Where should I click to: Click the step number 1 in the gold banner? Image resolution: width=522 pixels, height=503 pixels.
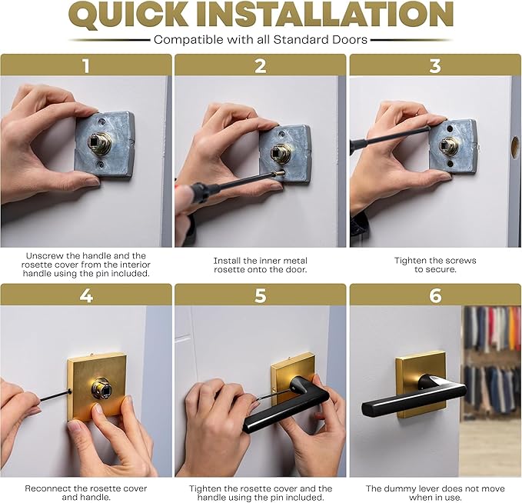(86, 65)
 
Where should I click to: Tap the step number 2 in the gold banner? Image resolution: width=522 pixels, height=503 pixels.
(261, 65)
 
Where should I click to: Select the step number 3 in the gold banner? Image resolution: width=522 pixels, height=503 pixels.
(435, 65)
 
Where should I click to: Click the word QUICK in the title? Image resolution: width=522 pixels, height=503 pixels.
(135, 15)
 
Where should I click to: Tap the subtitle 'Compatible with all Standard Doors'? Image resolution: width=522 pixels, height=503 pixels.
(261, 39)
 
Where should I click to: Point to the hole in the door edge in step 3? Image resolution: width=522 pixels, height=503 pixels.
(514, 146)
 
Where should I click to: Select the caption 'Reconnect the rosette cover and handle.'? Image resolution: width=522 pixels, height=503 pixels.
(86, 493)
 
